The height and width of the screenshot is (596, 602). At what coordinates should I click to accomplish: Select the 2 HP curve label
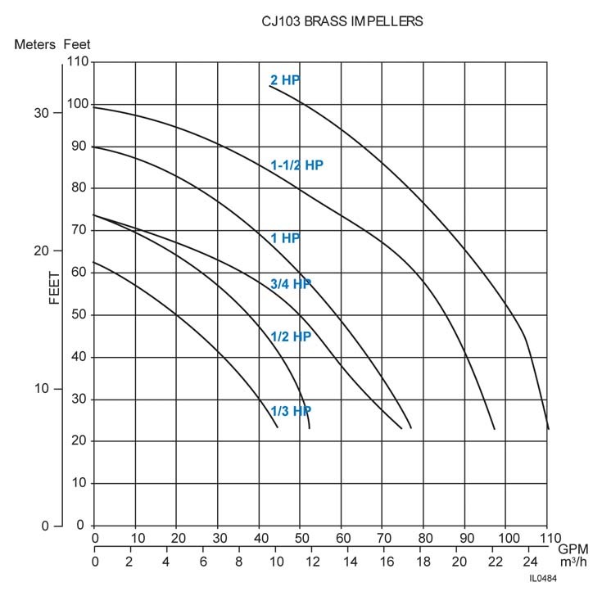pyautogui.click(x=285, y=80)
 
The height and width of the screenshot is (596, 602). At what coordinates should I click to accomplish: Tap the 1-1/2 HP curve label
pyautogui.click(x=296, y=165)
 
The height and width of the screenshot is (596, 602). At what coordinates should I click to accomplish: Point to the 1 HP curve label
pyautogui.click(x=285, y=238)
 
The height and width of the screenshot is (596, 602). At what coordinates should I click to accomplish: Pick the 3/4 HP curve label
pyautogui.click(x=291, y=284)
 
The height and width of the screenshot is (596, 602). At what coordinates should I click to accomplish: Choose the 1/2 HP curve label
pyautogui.click(x=291, y=336)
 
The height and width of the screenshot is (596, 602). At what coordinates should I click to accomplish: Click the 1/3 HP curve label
pyautogui.click(x=291, y=411)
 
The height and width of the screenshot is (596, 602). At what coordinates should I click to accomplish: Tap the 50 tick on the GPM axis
pyautogui.click(x=300, y=538)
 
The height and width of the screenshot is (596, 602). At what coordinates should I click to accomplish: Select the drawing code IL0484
pyautogui.click(x=544, y=579)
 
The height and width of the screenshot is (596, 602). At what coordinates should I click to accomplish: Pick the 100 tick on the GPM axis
pyautogui.click(x=505, y=538)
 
